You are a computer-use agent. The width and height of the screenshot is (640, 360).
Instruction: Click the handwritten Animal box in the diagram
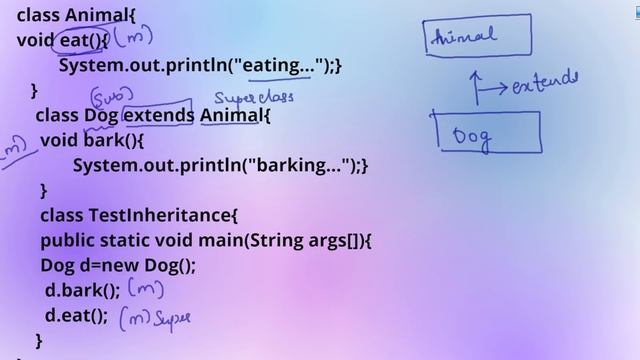click(475, 37)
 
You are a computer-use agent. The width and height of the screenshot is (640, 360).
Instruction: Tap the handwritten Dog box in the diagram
click(489, 133)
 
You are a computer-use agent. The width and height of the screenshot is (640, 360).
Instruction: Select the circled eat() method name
click(81, 40)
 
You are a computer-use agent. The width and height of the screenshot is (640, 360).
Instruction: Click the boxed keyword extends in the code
click(158, 115)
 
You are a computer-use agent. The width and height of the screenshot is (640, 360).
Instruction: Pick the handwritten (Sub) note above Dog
click(107, 96)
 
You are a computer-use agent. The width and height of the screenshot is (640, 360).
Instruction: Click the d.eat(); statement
click(76, 316)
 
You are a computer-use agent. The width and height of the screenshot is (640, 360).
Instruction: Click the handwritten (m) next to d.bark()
click(147, 291)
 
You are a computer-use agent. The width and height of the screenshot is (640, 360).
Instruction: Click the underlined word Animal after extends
click(232, 115)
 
